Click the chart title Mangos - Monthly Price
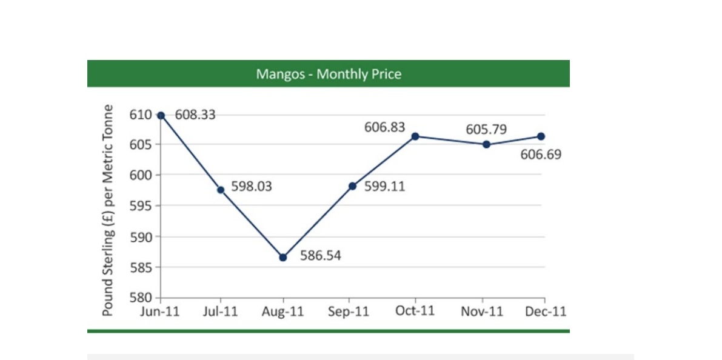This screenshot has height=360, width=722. [x=329, y=74]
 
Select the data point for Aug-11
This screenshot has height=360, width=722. [x=282, y=258]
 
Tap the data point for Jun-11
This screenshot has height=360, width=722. [x=161, y=115]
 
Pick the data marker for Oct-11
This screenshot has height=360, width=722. [x=415, y=136]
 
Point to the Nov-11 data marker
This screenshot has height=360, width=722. [x=486, y=144]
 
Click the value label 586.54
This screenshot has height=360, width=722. [x=321, y=256]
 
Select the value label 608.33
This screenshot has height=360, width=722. [x=195, y=115]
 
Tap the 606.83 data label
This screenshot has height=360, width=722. [x=384, y=127]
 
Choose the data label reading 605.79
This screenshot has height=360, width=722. [x=486, y=130]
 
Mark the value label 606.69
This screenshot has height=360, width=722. [x=541, y=155]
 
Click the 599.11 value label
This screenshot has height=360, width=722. [x=384, y=187]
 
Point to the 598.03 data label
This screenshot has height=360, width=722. [x=252, y=187]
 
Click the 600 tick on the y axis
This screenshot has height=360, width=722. [x=141, y=175]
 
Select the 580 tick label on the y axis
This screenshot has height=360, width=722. [x=141, y=298]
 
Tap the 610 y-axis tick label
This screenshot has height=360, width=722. [x=141, y=114]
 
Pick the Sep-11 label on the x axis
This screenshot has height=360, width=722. [x=349, y=312]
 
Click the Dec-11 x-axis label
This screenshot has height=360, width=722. [x=546, y=311]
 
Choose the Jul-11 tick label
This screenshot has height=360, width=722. [x=221, y=312]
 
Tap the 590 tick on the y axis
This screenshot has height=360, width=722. [x=141, y=236]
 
